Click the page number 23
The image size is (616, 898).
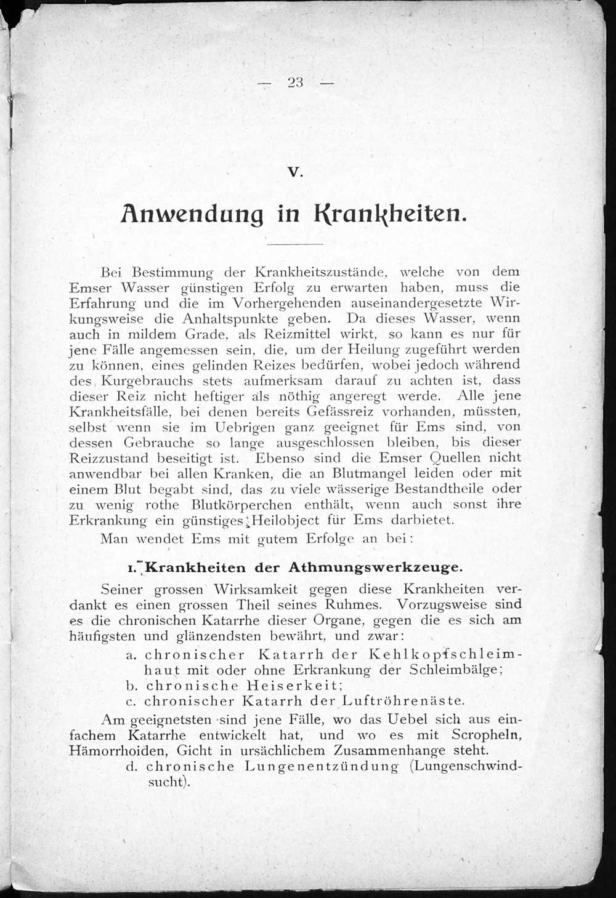pyautogui.click(x=295, y=82)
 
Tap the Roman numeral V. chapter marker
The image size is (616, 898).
pyautogui.click(x=296, y=172)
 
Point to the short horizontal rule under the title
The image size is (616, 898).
pyautogui.click(x=296, y=244)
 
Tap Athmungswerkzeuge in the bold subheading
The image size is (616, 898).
pyautogui.click(x=375, y=567)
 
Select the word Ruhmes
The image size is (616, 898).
pyautogui.click(x=355, y=604)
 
